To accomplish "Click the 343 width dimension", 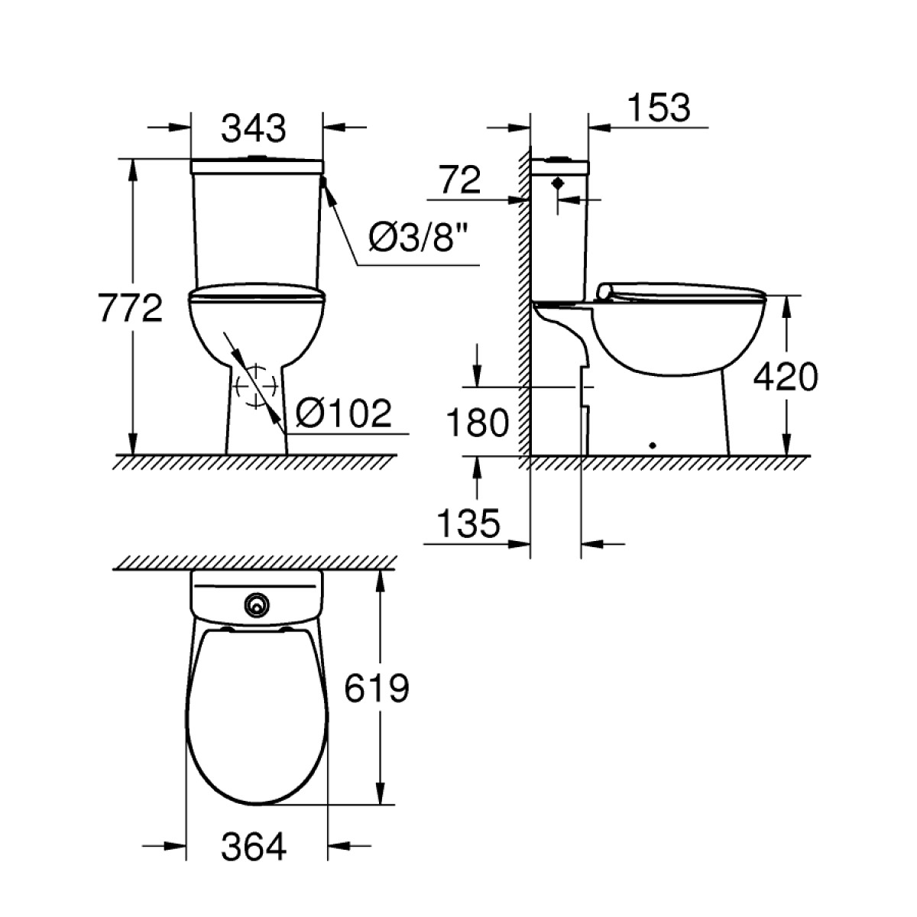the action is click(254, 128).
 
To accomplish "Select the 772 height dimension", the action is click(131, 308).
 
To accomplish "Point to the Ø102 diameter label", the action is click(344, 413).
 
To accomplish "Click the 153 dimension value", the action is click(659, 108).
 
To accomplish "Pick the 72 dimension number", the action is click(460, 180).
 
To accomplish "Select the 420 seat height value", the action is click(786, 377).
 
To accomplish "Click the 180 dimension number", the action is click(478, 423).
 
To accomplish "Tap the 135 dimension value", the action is click(468, 523).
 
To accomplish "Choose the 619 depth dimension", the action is click(377, 688).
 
